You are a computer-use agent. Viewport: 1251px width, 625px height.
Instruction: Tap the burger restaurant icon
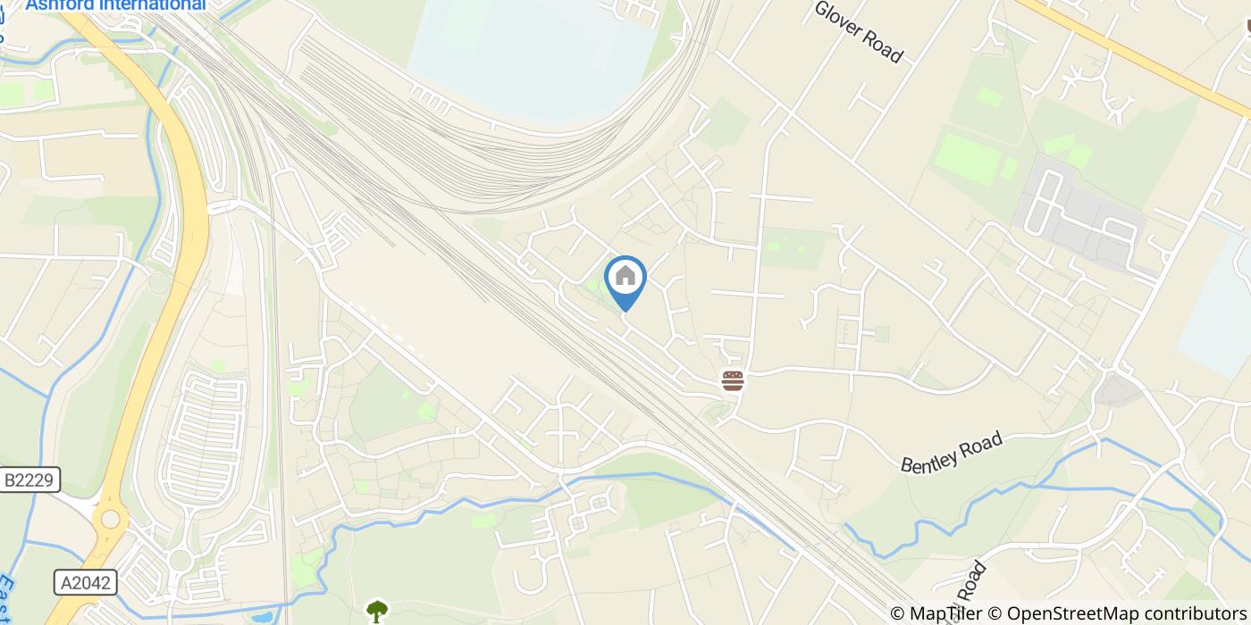[x=733, y=381]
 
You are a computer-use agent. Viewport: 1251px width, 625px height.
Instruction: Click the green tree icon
[x=377, y=612]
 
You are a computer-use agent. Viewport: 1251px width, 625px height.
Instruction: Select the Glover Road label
[x=858, y=31]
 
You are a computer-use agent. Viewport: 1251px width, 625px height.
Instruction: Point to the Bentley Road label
[x=952, y=453]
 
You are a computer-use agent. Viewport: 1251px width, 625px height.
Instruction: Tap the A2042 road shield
[x=86, y=583]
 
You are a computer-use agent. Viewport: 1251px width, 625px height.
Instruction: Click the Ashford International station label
[x=115, y=5]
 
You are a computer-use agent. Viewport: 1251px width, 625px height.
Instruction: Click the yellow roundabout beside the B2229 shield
[x=111, y=519]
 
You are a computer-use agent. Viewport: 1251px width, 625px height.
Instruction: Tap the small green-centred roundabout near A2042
[x=181, y=561]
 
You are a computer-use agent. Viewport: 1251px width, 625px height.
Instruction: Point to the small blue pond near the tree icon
[x=263, y=617]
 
